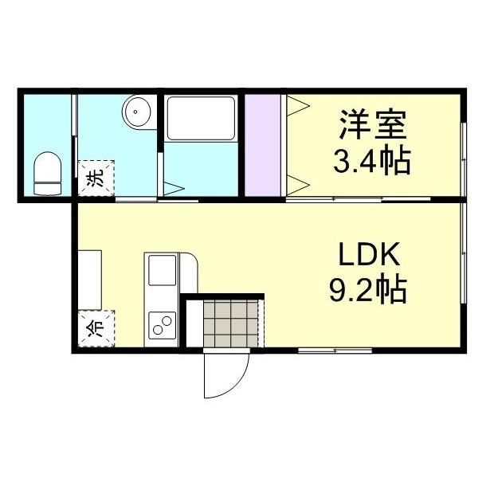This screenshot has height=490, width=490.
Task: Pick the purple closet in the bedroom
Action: [x=262, y=143]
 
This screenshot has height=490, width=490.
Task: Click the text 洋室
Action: [x=373, y=126]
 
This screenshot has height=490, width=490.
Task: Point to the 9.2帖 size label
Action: [x=368, y=289]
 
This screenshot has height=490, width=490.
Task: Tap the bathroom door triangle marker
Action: [x=174, y=188]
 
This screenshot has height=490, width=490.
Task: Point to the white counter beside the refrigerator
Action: [x=89, y=278]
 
